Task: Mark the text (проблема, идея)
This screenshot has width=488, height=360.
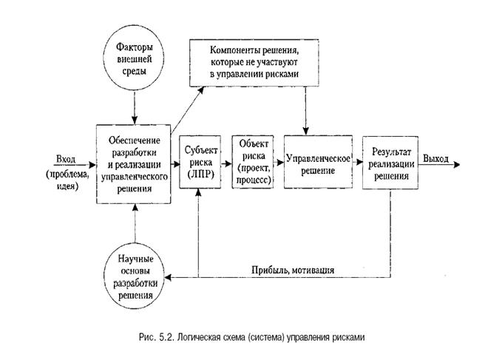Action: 67,180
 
